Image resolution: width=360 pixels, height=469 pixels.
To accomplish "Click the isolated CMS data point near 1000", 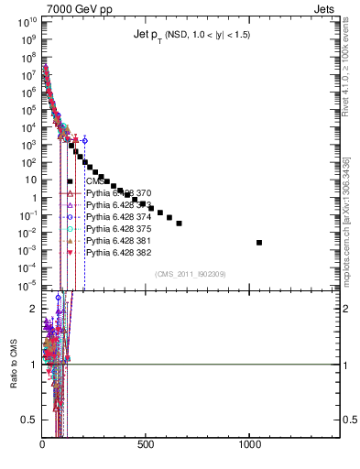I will point(259,243).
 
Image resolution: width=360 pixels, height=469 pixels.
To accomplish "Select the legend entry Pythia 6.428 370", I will point(118,193).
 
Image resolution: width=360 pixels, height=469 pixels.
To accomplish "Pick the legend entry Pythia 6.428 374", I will point(118,217).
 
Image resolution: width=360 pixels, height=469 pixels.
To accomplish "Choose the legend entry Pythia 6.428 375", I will point(118,229).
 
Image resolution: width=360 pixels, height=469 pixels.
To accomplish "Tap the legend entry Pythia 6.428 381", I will point(118,241).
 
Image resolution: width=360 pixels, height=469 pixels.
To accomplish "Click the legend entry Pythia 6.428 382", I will point(118,253).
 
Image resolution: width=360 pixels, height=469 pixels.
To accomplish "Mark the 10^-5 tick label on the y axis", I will point(27,284).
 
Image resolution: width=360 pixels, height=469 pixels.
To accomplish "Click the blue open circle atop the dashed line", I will point(85,140).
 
